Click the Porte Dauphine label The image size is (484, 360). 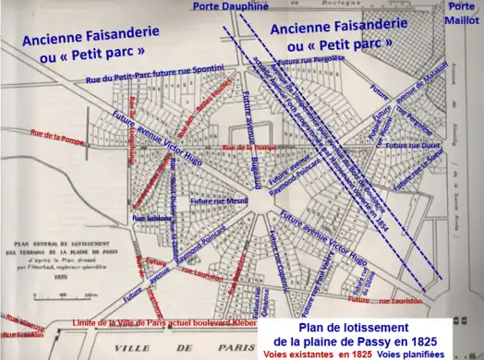tap(231, 6)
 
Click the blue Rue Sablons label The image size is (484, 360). tap(151, 218)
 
